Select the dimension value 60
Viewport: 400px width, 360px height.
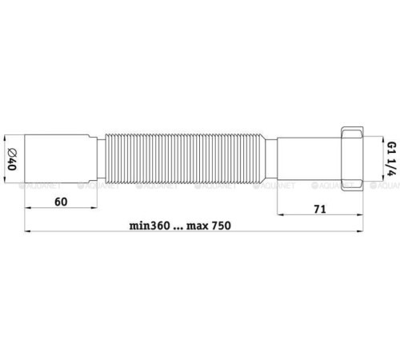point(60,203)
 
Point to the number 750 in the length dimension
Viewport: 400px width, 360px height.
point(219,226)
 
